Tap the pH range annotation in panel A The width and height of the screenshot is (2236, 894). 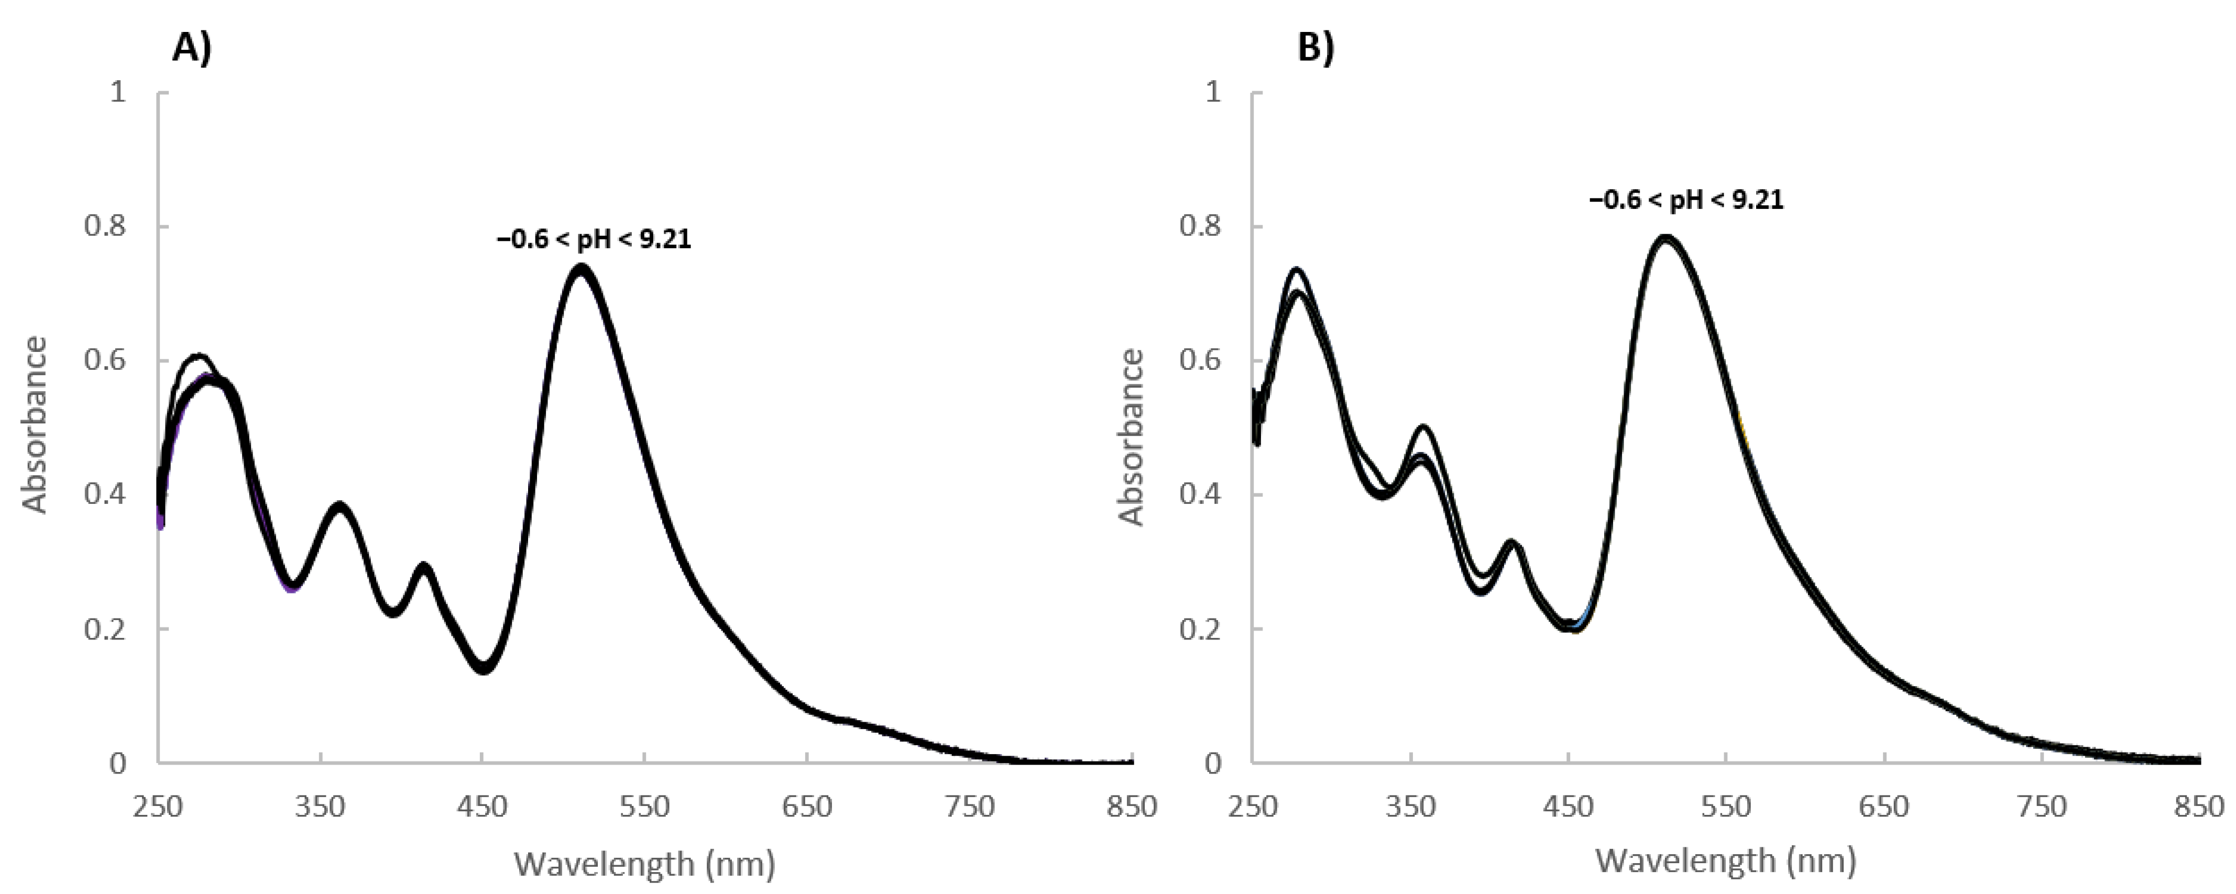tap(594, 239)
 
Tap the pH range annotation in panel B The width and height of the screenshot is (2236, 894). tap(1686, 201)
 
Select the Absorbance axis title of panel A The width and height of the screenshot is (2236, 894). tap(35, 425)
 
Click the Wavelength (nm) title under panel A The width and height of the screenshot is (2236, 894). tap(644, 864)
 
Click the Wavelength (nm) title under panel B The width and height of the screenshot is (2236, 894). tap(1726, 860)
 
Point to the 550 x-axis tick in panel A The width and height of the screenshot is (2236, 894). tap(644, 807)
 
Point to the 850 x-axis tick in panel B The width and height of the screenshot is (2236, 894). tap(2199, 807)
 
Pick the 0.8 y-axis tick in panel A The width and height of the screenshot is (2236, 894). tap(104, 226)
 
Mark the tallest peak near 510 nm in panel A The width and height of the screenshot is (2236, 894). tap(580, 267)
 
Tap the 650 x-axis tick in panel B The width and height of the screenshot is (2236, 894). tap(1883, 807)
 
